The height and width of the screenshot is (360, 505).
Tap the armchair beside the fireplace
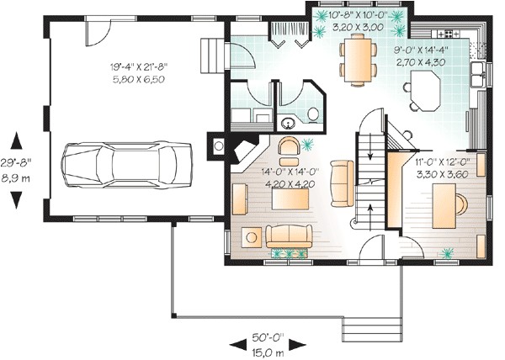click(287, 148)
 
